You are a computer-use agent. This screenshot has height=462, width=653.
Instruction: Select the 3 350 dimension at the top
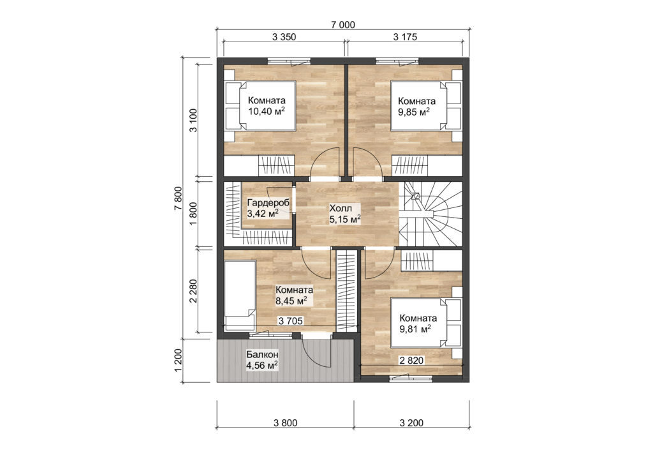pyautogui.click(x=284, y=37)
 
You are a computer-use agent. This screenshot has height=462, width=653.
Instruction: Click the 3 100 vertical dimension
pyautogui.click(x=193, y=119)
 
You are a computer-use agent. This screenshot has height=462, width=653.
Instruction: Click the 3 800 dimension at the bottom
pyautogui.click(x=284, y=422)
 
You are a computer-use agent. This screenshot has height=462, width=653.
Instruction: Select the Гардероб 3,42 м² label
pyautogui.click(x=267, y=208)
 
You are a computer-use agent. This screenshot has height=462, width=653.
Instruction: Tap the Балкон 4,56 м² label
pyautogui.click(x=263, y=360)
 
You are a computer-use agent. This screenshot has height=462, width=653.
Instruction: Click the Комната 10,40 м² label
pyautogui.click(x=267, y=106)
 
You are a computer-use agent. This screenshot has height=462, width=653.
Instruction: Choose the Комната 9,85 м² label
pyautogui.click(x=416, y=106)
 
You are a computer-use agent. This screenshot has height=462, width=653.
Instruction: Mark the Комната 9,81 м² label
pyautogui.click(x=418, y=324)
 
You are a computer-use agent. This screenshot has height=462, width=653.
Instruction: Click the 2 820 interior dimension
pyautogui.click(x=411, y=360)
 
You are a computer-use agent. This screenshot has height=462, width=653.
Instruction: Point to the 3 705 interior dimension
pyautogui.click(x=291, y=321)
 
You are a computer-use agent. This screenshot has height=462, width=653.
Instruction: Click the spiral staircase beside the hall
pyautogui.click(x=430, y=213)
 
